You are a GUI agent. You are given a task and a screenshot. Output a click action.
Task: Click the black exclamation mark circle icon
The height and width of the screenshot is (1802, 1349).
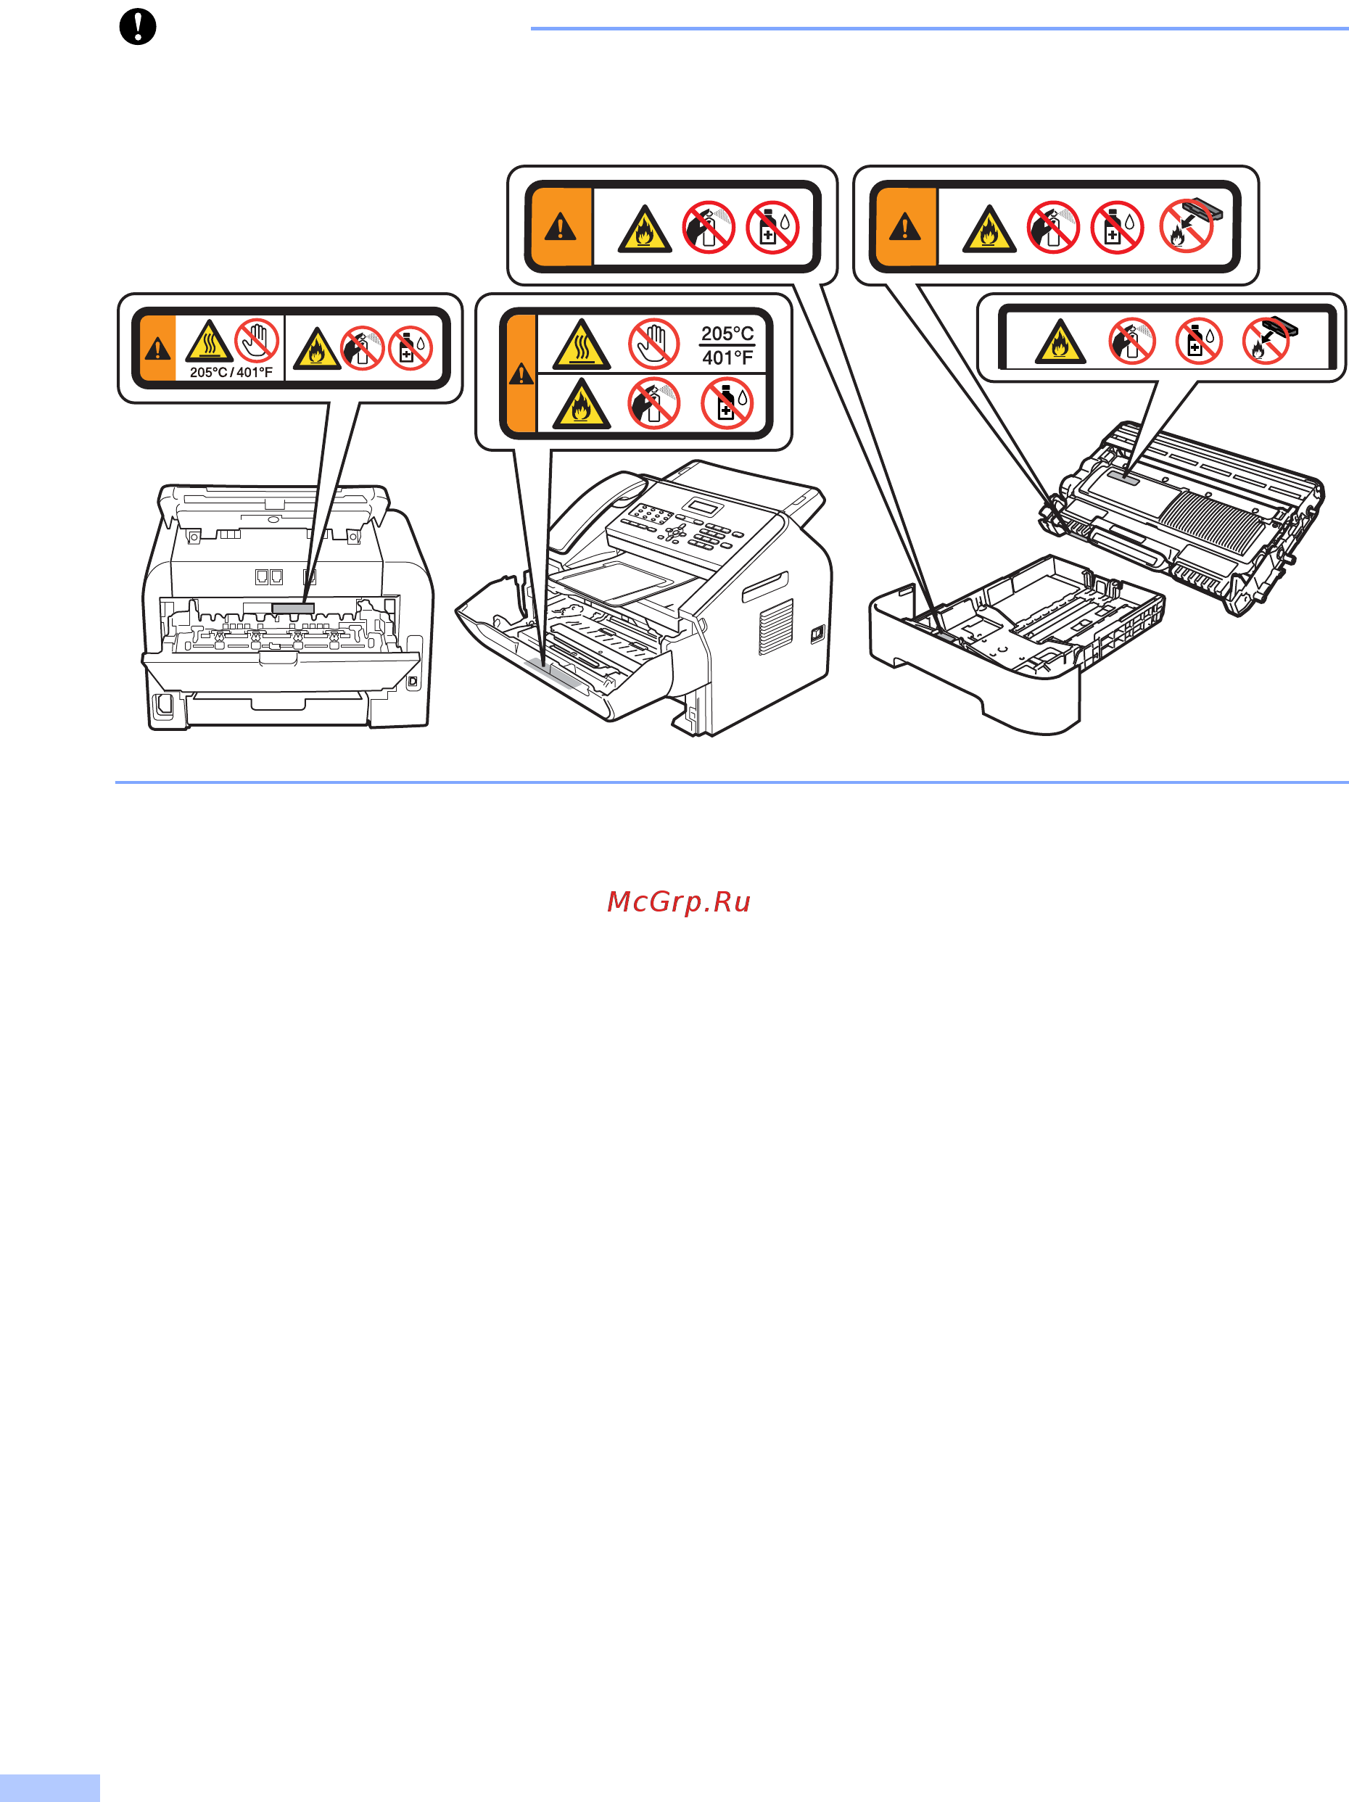coord(138,26)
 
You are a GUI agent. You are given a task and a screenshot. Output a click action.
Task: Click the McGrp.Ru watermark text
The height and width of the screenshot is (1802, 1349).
coord(679,902)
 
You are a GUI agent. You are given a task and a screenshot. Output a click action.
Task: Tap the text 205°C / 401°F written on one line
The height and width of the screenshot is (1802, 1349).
coord(231,372)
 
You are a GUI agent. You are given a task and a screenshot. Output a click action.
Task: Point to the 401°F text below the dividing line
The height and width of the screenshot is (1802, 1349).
coord(727,357)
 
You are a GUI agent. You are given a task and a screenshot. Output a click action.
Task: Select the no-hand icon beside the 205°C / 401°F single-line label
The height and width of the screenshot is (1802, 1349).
coord(257,341)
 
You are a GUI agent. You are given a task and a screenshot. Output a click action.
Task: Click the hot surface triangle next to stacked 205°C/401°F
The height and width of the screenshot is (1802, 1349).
coord(582,344)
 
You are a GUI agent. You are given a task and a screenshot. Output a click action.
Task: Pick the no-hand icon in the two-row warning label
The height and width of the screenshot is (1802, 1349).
coord(653,344)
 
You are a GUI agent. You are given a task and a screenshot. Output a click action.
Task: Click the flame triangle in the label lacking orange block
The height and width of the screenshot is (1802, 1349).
coord(1060,342)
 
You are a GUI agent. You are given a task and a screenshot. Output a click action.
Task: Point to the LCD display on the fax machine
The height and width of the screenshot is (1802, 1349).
coord(702,506)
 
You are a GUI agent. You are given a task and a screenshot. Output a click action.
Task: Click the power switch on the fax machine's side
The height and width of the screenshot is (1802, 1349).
coord(817,634)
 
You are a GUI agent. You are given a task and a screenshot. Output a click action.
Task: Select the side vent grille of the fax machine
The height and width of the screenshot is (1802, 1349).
coord(775,627)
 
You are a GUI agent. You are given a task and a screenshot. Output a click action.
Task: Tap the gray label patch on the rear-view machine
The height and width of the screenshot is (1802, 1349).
coord(293,608)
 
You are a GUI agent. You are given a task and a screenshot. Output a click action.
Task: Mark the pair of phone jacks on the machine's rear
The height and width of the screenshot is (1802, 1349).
coord(269,576)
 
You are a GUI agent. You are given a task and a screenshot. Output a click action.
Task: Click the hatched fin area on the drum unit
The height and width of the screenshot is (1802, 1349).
coord(1211,521)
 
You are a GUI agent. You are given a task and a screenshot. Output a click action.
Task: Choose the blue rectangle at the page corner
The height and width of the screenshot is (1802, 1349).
coord(50,1788)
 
